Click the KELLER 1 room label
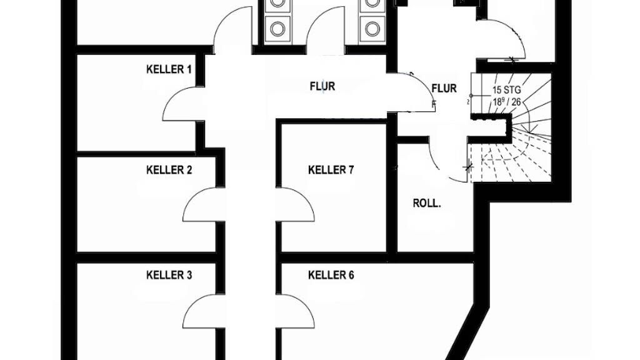[169, 69]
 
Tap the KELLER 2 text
[169, 170]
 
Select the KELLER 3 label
[169, 275]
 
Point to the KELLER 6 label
[331, 275]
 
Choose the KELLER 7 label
[331, 170]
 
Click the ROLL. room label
[427, 203]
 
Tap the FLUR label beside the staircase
[444, 88]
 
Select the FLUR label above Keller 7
[322, 86]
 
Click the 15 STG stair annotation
[507, 90]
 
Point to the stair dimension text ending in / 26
[507, 102]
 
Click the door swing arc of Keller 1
[179, 103]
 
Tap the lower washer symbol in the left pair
[276, 28]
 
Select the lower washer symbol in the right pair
[372, 28]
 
